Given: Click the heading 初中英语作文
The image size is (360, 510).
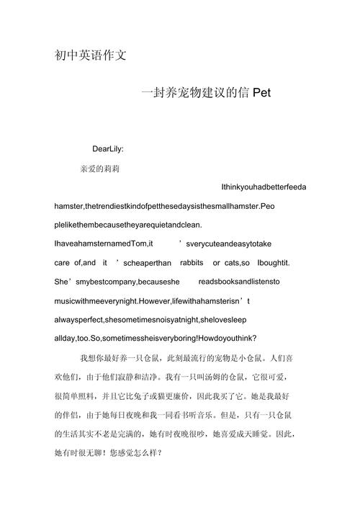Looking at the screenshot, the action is (91, 55).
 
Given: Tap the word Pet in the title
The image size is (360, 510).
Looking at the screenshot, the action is (261, 92).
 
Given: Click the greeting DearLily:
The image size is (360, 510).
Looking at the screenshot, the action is (108, 149).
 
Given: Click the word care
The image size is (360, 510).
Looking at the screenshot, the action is (63, 262).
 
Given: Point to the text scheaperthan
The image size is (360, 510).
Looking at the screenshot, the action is (146, 262).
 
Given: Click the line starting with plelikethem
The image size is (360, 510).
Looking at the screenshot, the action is (128, 225).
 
